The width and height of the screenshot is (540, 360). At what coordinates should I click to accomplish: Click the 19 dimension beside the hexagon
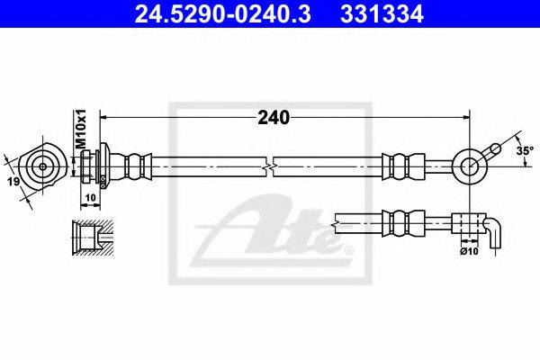point(13,184)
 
